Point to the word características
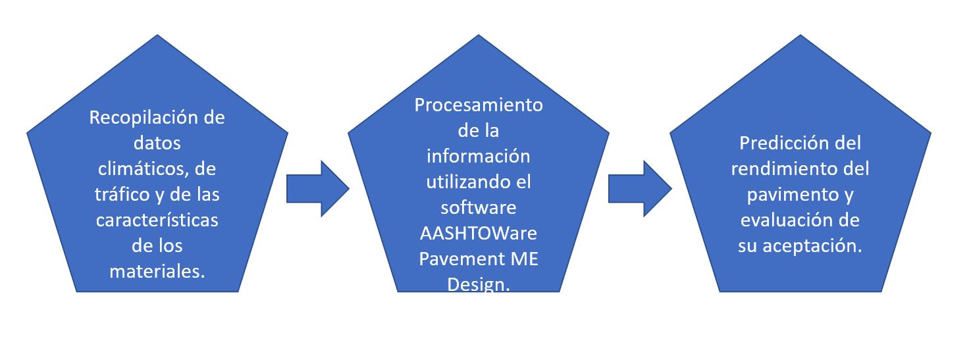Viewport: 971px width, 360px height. coord(157,220)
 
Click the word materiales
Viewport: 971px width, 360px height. coord(157,271)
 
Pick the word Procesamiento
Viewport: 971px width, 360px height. coord(479,106)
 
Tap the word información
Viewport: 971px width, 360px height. coord(479,157)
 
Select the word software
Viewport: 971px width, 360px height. coord(479,208)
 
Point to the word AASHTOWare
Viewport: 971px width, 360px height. coord(479,234)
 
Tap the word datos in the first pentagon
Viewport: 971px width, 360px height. coord(157,143)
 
